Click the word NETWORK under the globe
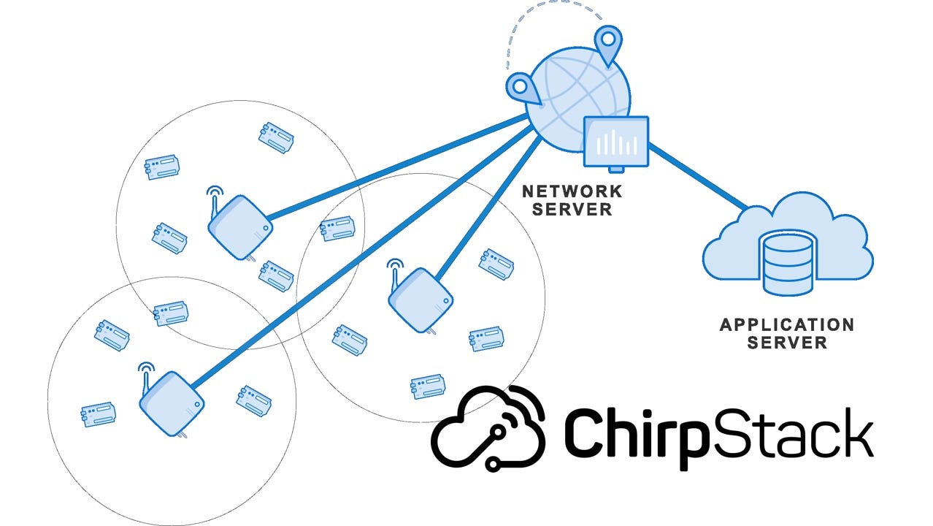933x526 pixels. pyautogui.click(x=572, y=192)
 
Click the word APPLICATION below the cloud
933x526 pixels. pyautogui.click(x=786, y=324)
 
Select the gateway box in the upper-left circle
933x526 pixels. pyautogui.click(x=239, y=227)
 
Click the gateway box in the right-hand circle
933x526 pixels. pyautogui.click(x=420, y=300)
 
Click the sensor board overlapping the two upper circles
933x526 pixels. pyautogui.click(x=337, y=228)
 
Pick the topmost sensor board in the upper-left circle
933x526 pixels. pyautogui.click(x=277, y=137)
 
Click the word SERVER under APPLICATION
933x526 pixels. pyautogui.click(x=786, y=343)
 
